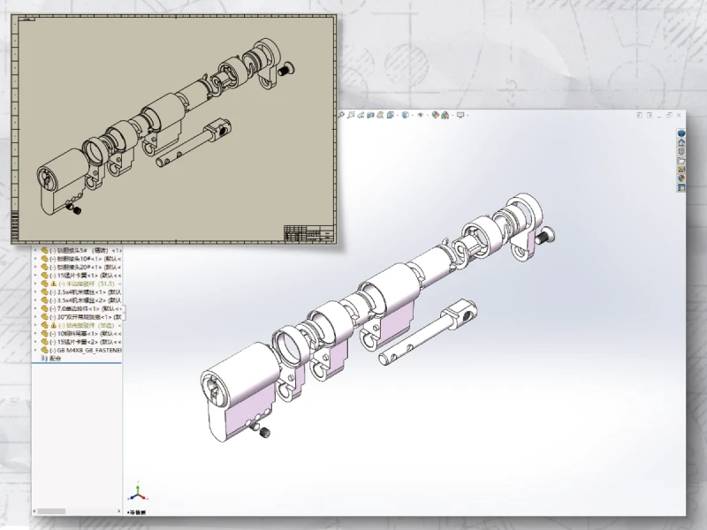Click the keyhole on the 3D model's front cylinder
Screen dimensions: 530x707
[212, 389]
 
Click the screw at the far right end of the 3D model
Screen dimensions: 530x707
[548, 236]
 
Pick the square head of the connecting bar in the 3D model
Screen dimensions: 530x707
[460, 309]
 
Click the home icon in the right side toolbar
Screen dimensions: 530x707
[681, 133]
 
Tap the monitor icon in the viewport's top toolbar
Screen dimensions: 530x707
[460, 115]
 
